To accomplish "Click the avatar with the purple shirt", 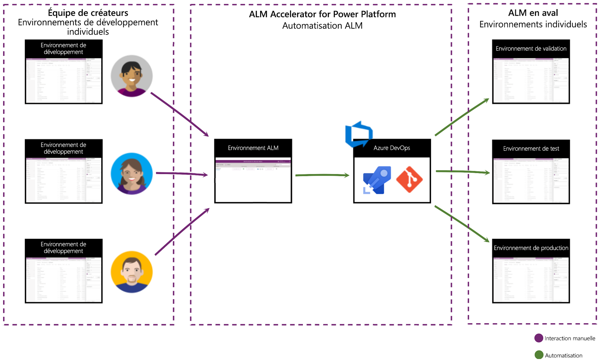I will pyautogui.click(x=132, y=76).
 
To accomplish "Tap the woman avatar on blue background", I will pyautogui.click(x=132, y=174).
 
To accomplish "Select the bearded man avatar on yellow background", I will pyautogui.click(x=132, y=272).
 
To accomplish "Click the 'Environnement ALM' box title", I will pyautogui.click(x=253, y=148).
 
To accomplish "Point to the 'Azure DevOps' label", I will pyautogui.click(x=392, y=148).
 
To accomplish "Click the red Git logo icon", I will pyautogui.click(x=409, y=179).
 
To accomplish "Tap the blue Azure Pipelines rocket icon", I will pyautogui.click(x=377, y=180).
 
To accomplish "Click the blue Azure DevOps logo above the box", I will pyautogui.click(x=359, y=134).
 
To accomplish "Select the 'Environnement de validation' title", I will pyautogui.click(x=531, y=49).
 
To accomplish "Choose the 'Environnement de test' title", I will pyautogui.click(x=531, y=149).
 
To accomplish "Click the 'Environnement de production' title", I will pyautogui.click(x=531, y=248).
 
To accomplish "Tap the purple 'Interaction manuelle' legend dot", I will pyautogui.click(x=539, y=338).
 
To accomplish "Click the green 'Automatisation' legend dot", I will pyautogui.click(x=539, y=355).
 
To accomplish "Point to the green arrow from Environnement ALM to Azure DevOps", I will pyautogui.click(x=322, y=175).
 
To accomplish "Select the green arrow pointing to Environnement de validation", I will pyautogui.click(x=462, y=117).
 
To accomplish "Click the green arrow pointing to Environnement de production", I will pyautogui.click(x=462, y=224).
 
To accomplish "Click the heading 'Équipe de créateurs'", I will pyautogui.click(x=88, y=13).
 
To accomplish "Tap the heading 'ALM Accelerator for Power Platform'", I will pyautogui.click(x=322, y=14).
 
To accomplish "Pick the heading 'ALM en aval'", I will pyautogui.click(x=533, y=13).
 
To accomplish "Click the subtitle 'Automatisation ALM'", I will pyautogui.click(x=322, y=26).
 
